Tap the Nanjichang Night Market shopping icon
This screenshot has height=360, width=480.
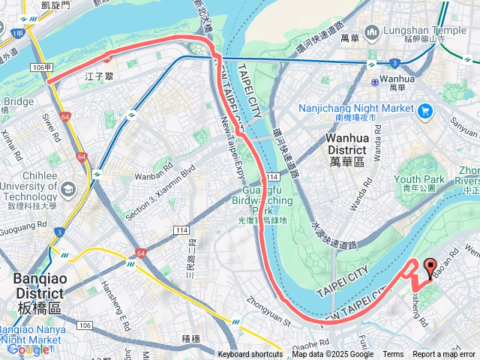426,111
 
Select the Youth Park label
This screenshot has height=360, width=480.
419,179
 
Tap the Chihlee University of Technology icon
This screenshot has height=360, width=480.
69,188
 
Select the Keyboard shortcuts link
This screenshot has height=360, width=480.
250,355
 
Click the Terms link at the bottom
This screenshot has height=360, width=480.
393,355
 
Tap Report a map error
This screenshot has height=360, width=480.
444,355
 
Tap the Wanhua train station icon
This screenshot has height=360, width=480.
374,78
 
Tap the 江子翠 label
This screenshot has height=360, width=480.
99,76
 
